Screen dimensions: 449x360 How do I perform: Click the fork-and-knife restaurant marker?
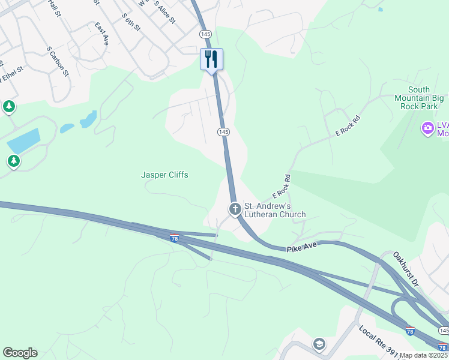[211, 59]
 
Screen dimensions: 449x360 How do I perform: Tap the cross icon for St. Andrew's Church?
[235, 209]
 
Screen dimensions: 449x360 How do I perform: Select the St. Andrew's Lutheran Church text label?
[274, 210]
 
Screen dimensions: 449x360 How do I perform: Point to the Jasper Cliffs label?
[164, 175]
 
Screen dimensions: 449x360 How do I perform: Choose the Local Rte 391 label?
[379, 340]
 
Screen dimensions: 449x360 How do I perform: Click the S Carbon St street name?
[58, 61]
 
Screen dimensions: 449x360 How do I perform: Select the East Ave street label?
[101, 34]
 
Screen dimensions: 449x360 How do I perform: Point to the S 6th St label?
[130, 22]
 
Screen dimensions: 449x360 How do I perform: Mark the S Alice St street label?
[164, 12]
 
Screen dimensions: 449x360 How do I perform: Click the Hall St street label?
[55, 8]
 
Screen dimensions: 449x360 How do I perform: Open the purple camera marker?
[427, 128]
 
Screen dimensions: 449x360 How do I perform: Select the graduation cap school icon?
[319, 344]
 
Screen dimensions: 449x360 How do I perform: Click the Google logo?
[20, 353]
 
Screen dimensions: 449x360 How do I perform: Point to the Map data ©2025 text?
[424, 355]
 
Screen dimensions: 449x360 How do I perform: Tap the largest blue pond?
[23, 140]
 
